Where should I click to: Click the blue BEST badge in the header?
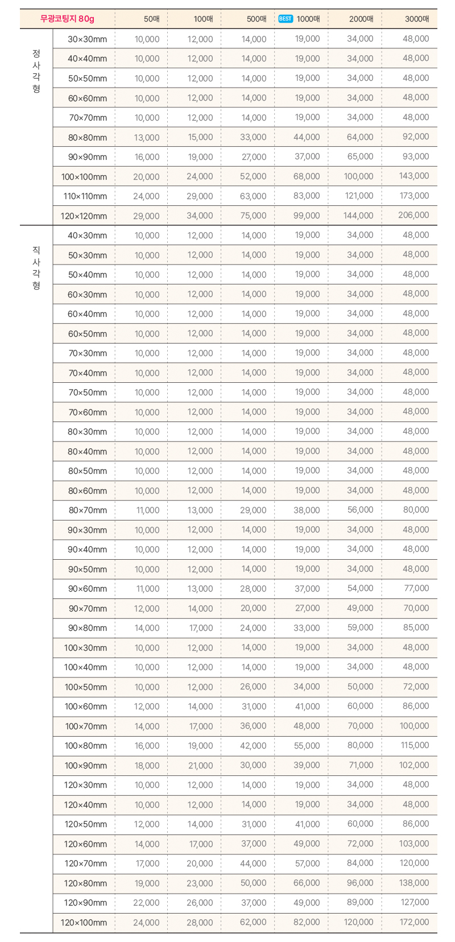(286, 19)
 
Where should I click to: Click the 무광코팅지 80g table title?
(67, 19)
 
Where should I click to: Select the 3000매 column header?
(417, 19)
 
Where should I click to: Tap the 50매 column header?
(151, 19)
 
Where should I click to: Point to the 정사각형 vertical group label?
(36, 71)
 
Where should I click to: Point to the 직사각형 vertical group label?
(36, 267)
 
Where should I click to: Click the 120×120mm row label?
(84, 216)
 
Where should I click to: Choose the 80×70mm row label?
(88, 510)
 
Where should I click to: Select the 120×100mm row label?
(84, 922)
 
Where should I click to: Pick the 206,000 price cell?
(413, 215)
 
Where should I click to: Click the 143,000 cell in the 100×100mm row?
(414, 176)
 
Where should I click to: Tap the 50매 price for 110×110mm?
(146, 196)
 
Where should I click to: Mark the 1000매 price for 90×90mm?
(307, 156)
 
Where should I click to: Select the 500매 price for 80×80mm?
(253, 137)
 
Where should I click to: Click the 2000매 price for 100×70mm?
(360, 726)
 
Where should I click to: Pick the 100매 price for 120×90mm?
(200, 903)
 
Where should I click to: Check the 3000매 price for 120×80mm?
(414, 883)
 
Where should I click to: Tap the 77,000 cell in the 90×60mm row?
(416, 588)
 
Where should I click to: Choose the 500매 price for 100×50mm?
(253, 687)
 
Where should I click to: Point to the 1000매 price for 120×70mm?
(307, 863)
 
